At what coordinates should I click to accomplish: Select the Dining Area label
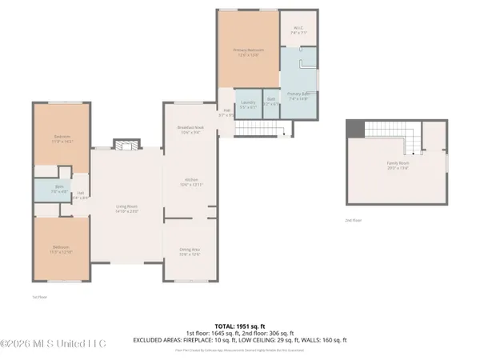point(190,251)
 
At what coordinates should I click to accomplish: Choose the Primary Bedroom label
point(248,53)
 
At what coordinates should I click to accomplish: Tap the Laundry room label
point(248,103)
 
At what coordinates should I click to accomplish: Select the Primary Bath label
point(298,95)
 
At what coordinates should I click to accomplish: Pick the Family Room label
point(398,166)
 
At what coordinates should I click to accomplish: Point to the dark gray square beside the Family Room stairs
point(354,129)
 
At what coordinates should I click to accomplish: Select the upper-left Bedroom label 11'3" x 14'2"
point(62,138)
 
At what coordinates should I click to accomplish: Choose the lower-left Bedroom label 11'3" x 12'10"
point(62,250)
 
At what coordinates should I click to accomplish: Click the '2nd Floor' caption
point(353,219)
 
